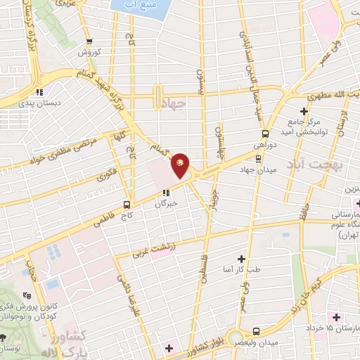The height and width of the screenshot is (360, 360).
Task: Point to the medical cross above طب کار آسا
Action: click(243, 259)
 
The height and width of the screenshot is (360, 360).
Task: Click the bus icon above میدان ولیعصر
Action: click(255, 330)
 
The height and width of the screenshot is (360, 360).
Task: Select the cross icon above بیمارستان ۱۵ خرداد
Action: click(337, 319)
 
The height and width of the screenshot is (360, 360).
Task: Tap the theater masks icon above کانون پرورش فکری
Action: click(27, 296)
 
